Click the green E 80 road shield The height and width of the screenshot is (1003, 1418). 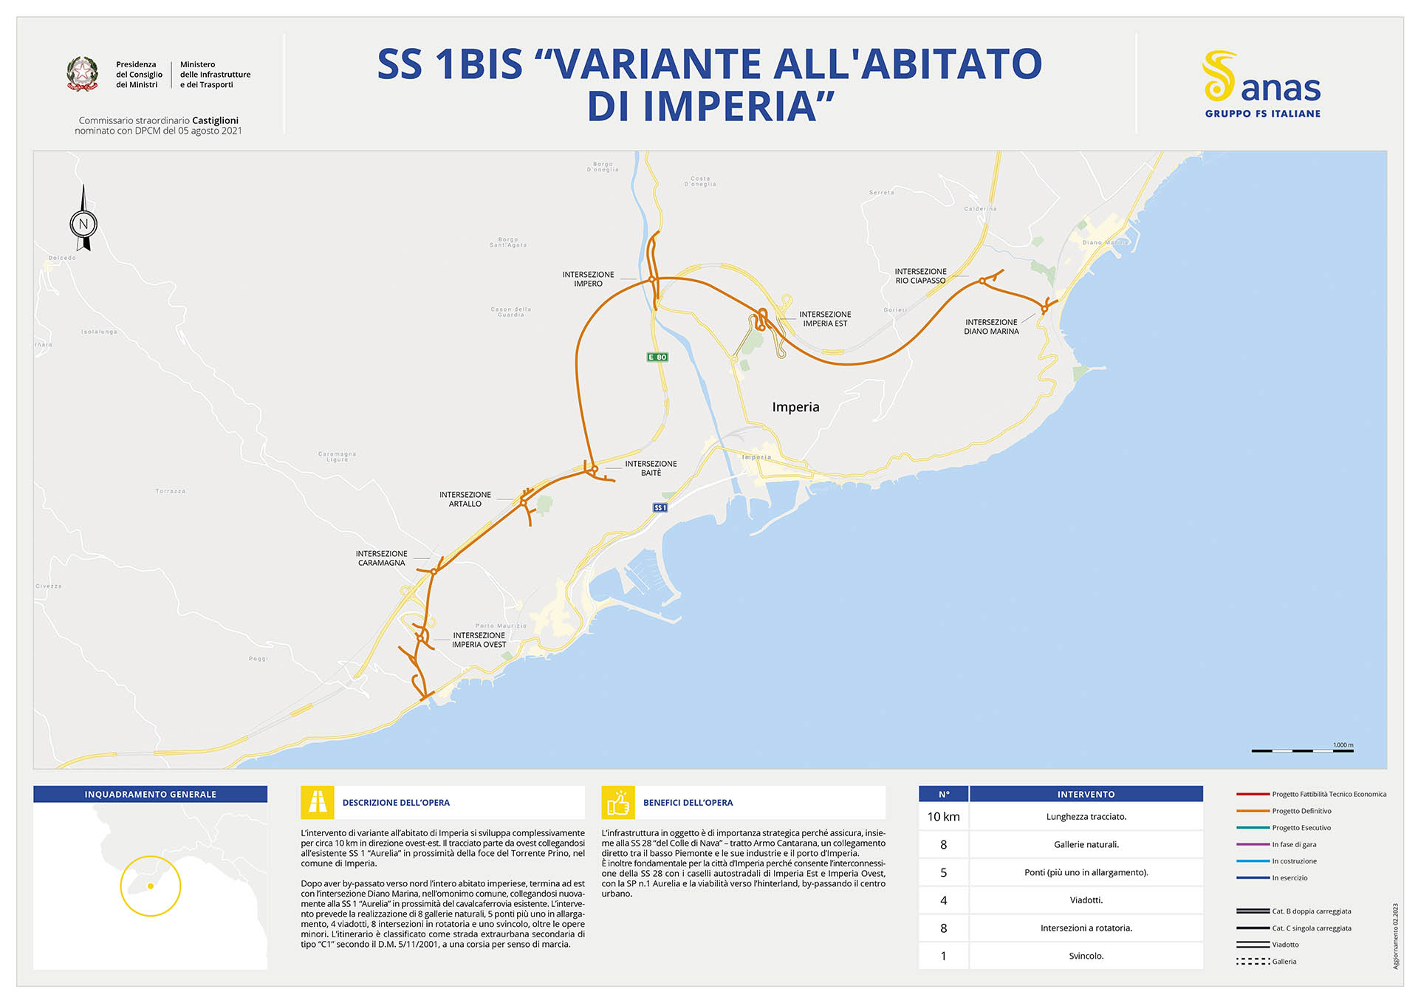pyautogui.click(x=657, y=357)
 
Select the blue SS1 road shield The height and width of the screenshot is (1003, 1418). pyautogui.click(x=660, y=507)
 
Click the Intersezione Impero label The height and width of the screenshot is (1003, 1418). pyautogui.click(x=588, y=279)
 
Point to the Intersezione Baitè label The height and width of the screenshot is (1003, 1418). pyautogui.click(x=651, y=468)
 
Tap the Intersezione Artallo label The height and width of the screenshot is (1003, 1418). pyautogui.click(x=465, y=499)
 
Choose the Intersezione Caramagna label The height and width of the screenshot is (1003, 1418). pyautogui.click(x=381, y=558)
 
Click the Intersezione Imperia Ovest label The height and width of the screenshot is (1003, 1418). pyautogui.click(x=479, y=640)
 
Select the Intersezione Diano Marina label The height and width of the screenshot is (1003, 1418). pyautogui.click(x=991, y=326)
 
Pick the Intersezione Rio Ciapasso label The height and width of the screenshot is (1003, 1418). pyautogui.click(x=920, y=276)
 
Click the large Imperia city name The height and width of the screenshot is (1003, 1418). pyautogui.click(x=795, y=407)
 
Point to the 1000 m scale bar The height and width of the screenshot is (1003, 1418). pyautogui.click(x=1302, y=750)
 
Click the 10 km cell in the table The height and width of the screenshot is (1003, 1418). pyautogui.click(x=943, y=817)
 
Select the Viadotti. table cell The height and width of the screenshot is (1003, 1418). pyautogui.click(x=1086, y=900)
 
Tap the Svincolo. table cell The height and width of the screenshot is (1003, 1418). pyautogui.click(x=1086, y=956)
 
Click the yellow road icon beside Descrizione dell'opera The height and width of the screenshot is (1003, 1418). pyautogui.click(x=318, y=802)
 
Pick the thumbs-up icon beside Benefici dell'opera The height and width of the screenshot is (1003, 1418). pyautogui.click(x=618, y=802)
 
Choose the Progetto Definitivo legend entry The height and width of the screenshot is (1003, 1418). pyautogui.click(x=1301, y=811)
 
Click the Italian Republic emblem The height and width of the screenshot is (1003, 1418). pyautogui.click(x=83, y=74)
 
